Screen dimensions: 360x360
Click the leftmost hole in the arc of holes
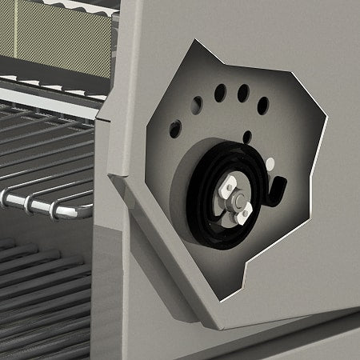[175, 128]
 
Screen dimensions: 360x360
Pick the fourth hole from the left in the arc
[242, 92]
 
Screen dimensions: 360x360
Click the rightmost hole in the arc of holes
[262, 105]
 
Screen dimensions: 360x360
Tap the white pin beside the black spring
[270, 163]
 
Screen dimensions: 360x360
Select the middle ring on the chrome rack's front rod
[30, 202]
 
